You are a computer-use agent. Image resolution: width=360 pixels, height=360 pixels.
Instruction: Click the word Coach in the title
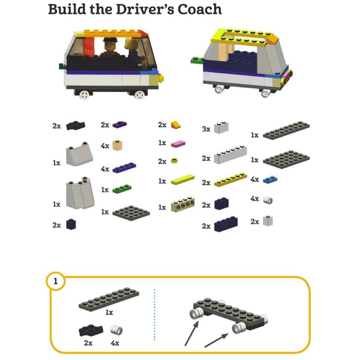point(199,9)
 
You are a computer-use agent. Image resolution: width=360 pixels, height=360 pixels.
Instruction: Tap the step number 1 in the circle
point(55,281)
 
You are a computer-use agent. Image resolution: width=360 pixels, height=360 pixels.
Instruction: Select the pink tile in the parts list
point(178,144)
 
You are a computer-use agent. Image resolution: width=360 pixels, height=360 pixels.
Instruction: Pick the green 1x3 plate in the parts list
point(122,189)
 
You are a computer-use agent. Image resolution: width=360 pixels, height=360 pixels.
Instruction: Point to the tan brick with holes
point(183,204)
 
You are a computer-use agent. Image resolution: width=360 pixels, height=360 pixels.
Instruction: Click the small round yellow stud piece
point(175,160)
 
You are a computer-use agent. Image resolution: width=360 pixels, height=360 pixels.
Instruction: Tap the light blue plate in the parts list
point(270,180)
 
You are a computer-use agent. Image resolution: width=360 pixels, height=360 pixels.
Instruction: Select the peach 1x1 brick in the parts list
point(117,145)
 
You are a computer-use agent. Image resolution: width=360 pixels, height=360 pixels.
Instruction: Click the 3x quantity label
point(206,129)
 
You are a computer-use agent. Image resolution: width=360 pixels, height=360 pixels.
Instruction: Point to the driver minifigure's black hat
point(110,40)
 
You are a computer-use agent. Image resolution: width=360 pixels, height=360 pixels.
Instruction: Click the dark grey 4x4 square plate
point(131,213)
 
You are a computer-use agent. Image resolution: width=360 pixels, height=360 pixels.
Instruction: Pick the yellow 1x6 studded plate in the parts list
point(230,180)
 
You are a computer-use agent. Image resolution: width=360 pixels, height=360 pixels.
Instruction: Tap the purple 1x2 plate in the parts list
point(120,125)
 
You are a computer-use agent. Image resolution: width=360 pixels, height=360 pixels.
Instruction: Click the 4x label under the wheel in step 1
point(115,343)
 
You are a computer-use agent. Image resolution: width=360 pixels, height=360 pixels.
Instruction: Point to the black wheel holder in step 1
point(91,330)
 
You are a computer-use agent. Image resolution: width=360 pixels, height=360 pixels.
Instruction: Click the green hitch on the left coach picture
point(63,66)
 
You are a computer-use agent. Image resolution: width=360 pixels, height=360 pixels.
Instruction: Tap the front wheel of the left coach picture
point(139,95)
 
